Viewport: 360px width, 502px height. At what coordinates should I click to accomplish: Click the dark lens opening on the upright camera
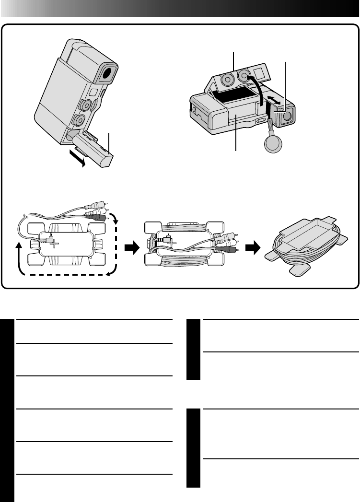pyautogui.click(x=108, y=73)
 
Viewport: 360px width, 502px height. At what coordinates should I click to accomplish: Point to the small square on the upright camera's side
pyautogui.click(x=94, y=92)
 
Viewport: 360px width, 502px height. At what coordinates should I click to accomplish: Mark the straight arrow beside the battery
pyautogui.click(x=77, y=157)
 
